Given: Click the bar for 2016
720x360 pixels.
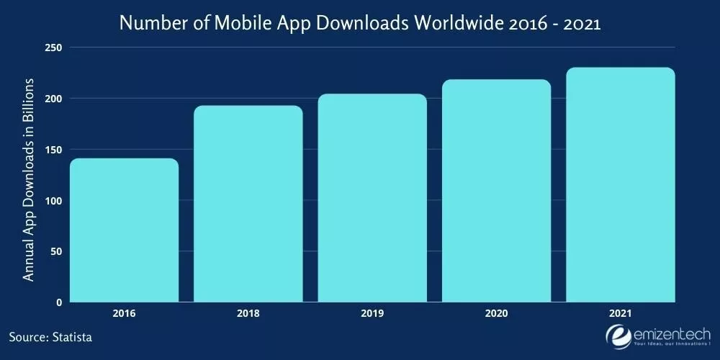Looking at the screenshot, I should (124, 230).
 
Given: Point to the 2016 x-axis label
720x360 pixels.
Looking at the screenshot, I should (124, 314).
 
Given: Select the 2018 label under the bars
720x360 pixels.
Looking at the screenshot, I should (248, 314).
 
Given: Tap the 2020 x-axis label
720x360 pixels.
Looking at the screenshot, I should (496, 314).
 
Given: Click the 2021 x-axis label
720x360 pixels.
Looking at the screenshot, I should (621, 314).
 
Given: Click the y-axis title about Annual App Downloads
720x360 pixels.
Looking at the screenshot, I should (29, 179).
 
